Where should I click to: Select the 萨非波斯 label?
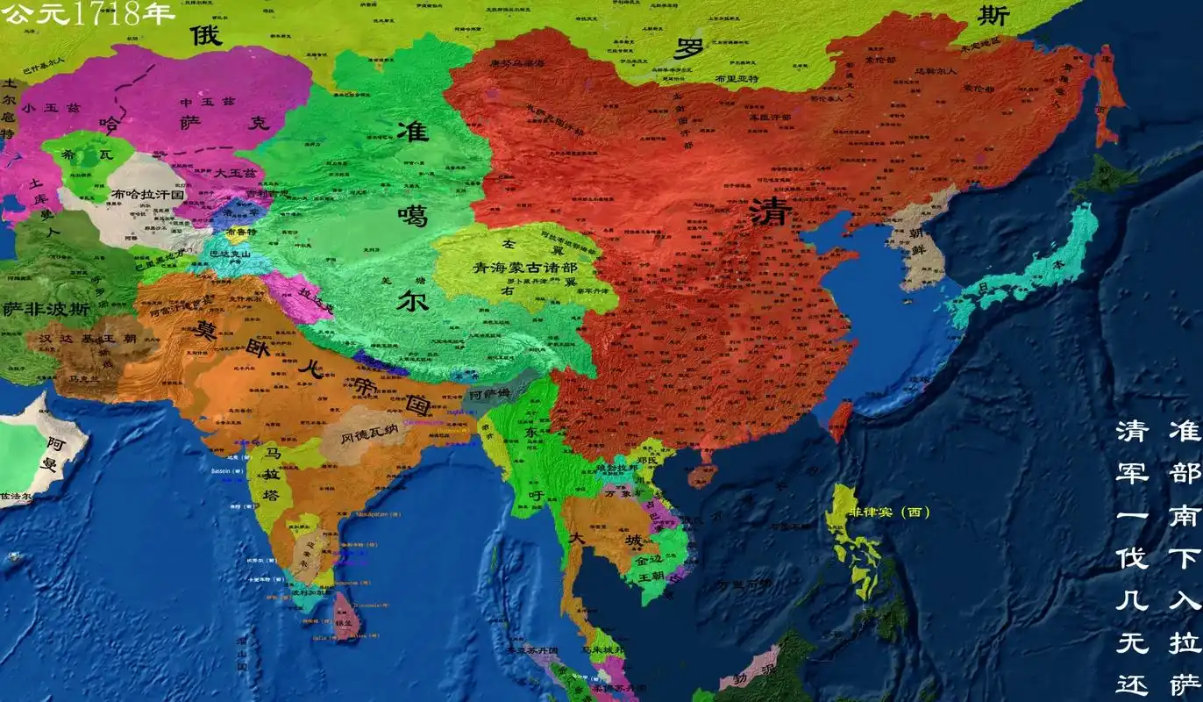point(46,309)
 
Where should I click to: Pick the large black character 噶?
point(412,213)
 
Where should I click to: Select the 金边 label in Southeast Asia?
point(651,559)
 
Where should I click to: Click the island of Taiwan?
point(840,421)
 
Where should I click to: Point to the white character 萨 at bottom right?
point(1185,683)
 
